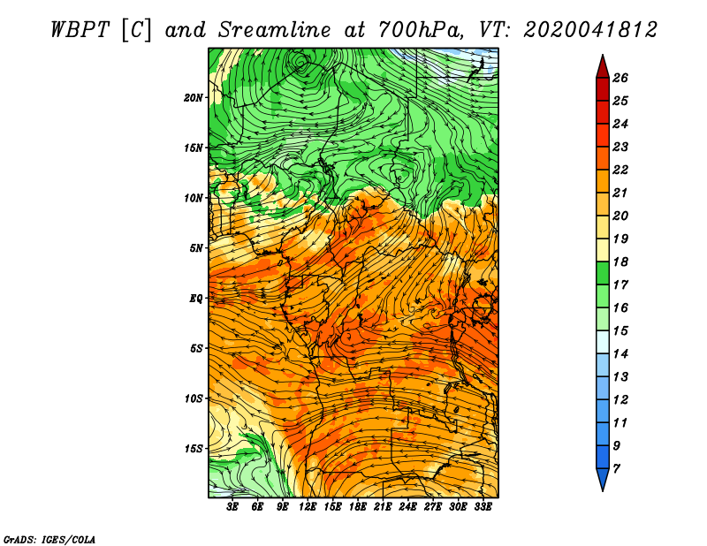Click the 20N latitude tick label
click(194, 98)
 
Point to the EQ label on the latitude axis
click(195, 299)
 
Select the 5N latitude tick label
click(196, 248)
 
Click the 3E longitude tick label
click(232, 507)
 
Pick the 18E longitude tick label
click(358, 507)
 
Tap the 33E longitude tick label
click(483, 507)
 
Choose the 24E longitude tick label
click(407, 507)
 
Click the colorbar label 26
click(620, 78)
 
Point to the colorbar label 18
click(620, 262)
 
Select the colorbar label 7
click(616, 469)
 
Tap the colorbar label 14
click(620, 354)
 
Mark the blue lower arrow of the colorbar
click(603, 478)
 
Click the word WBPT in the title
click(80, 30)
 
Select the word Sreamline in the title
click(275, 30)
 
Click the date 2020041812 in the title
click(590, 30)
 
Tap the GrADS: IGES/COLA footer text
click(49, 539)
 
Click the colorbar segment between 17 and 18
click(603, 273)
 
